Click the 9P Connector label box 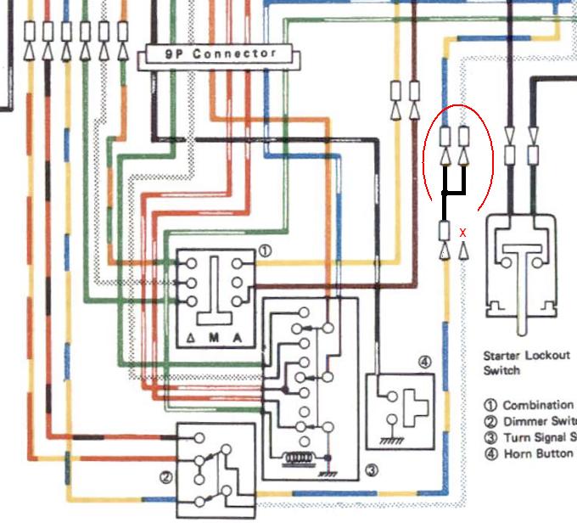click(221, 54)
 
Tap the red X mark click(462, 231)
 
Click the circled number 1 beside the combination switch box click(265, 251)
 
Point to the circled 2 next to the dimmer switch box click(166, 478)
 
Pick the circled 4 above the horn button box click(424, 363)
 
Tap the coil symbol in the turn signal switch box click(298, 458)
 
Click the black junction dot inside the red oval click(445, 194)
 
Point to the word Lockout click(548, 357)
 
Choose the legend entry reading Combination click(537, 406)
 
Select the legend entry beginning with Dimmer click(540, 422)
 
